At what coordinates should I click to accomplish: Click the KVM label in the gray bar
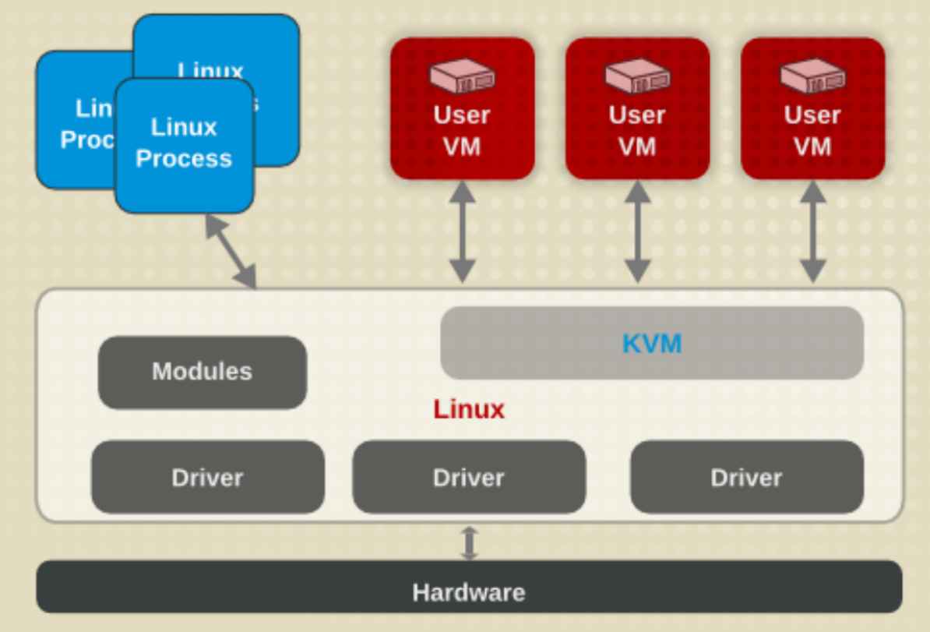coord(652,343)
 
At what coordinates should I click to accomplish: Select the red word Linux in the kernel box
coord(469,409)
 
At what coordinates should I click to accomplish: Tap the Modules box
coord(202,372)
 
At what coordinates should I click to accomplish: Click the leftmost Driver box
coord(207,477)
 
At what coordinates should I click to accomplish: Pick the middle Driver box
coord(468,477)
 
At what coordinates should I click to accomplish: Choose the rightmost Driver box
coord(745,477)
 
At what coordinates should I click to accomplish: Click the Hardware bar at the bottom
coord(468,592)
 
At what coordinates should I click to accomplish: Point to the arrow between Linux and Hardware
coord(468,542)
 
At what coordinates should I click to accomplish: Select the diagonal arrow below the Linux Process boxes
coord(231,251)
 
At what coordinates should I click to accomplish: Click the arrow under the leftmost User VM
coord(462,231)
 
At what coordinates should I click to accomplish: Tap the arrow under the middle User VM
coord(637,231)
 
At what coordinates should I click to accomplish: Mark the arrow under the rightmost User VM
coord(812,231)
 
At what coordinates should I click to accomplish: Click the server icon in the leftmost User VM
coord(462,76)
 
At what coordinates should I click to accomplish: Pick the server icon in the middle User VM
coord(637,76)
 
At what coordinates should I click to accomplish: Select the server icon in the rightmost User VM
coord(812,76)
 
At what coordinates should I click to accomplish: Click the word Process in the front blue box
coord(184,159)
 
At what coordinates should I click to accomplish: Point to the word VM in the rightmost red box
coord(812,147)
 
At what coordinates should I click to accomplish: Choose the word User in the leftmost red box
coord(462,115)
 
